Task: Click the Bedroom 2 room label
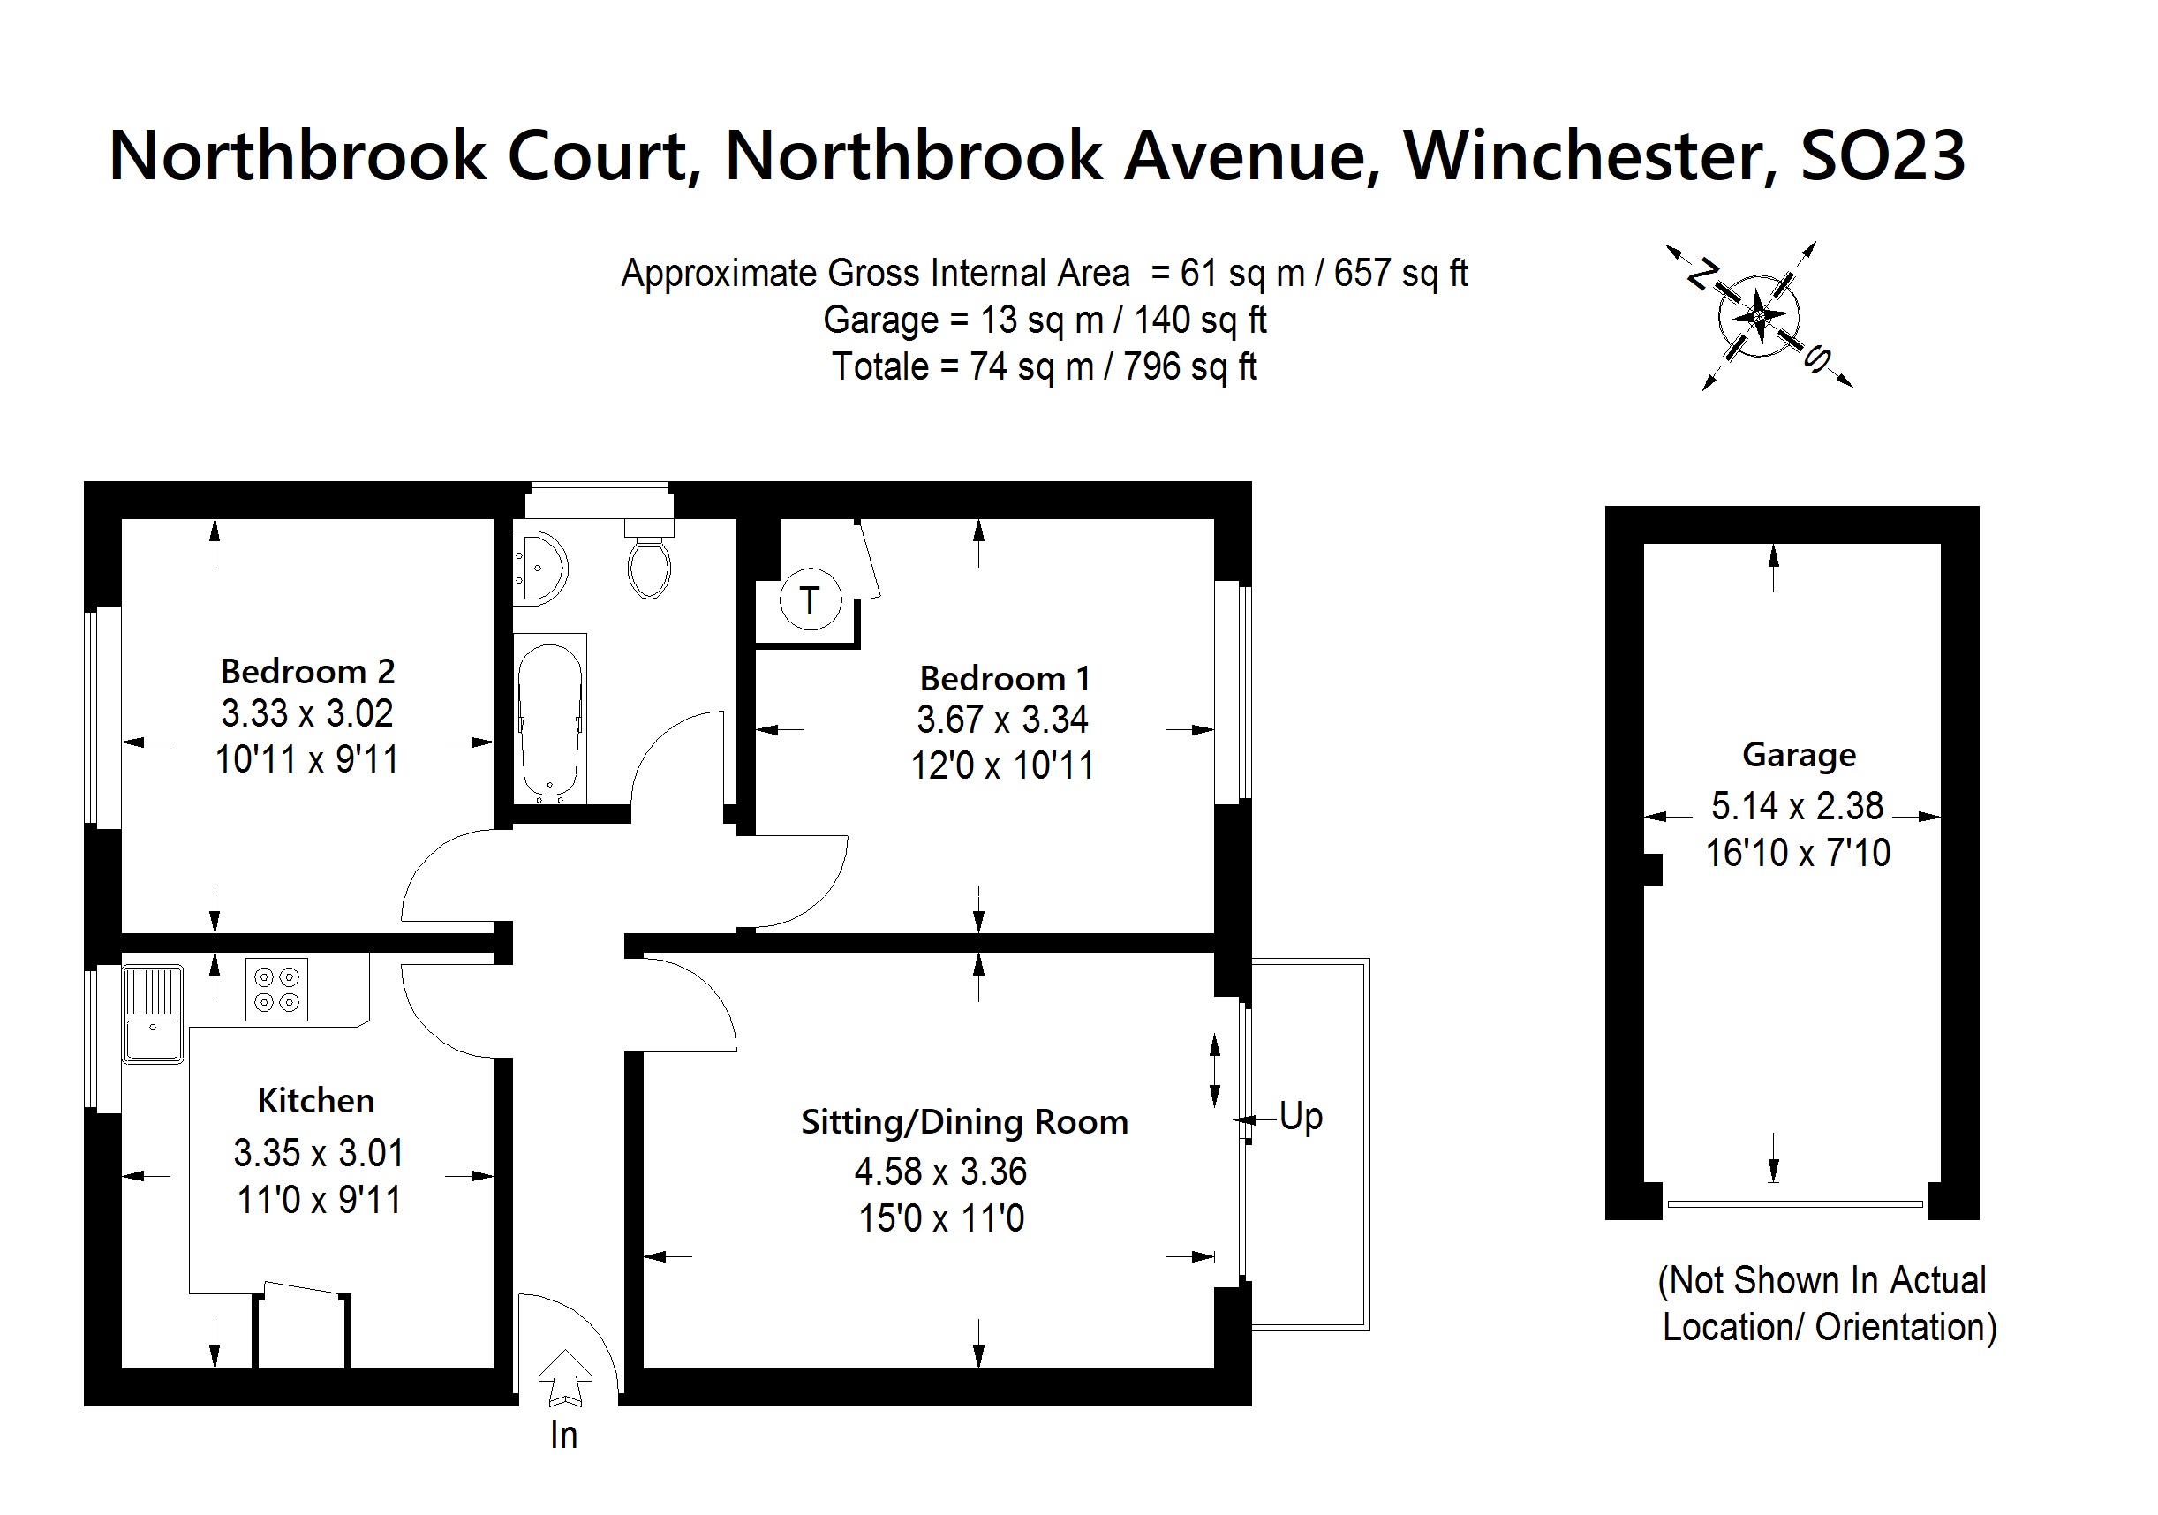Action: (x=307, y=672)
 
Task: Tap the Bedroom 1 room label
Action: (x=1004, y=679)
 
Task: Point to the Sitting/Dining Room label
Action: (x=964, y=1122)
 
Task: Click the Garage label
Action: (x=1799, y=755)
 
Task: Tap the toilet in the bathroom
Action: (x=648, y=565)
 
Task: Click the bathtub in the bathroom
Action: (x=550, y=719)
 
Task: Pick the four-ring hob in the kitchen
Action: (x=276, y=990)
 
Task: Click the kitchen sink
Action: (x=152, y=1015)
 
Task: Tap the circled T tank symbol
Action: (x=809, y=599)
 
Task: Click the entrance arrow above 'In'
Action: (x=565, y=1378)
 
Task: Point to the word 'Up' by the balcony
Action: (x=1301, y=1118)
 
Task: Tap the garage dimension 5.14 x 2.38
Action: (x=1797, y=806)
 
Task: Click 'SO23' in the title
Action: (x=1882, y=156)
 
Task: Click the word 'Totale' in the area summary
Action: (x=879, y=366)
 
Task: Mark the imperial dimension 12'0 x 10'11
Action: (x=1002, y=766)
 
